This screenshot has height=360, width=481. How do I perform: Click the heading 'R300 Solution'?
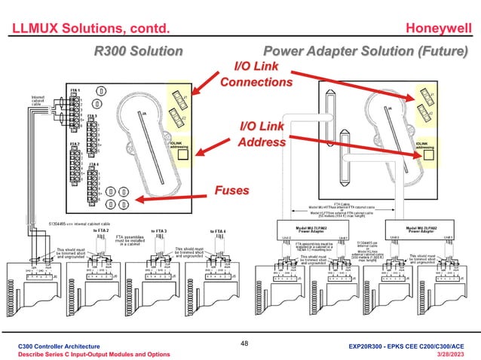tap(137, 51)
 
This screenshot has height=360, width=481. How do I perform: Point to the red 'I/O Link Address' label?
tap(262, 134)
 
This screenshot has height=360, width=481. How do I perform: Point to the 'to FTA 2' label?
tap(100, 231)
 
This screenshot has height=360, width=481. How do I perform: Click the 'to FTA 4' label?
tap(218, 231)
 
